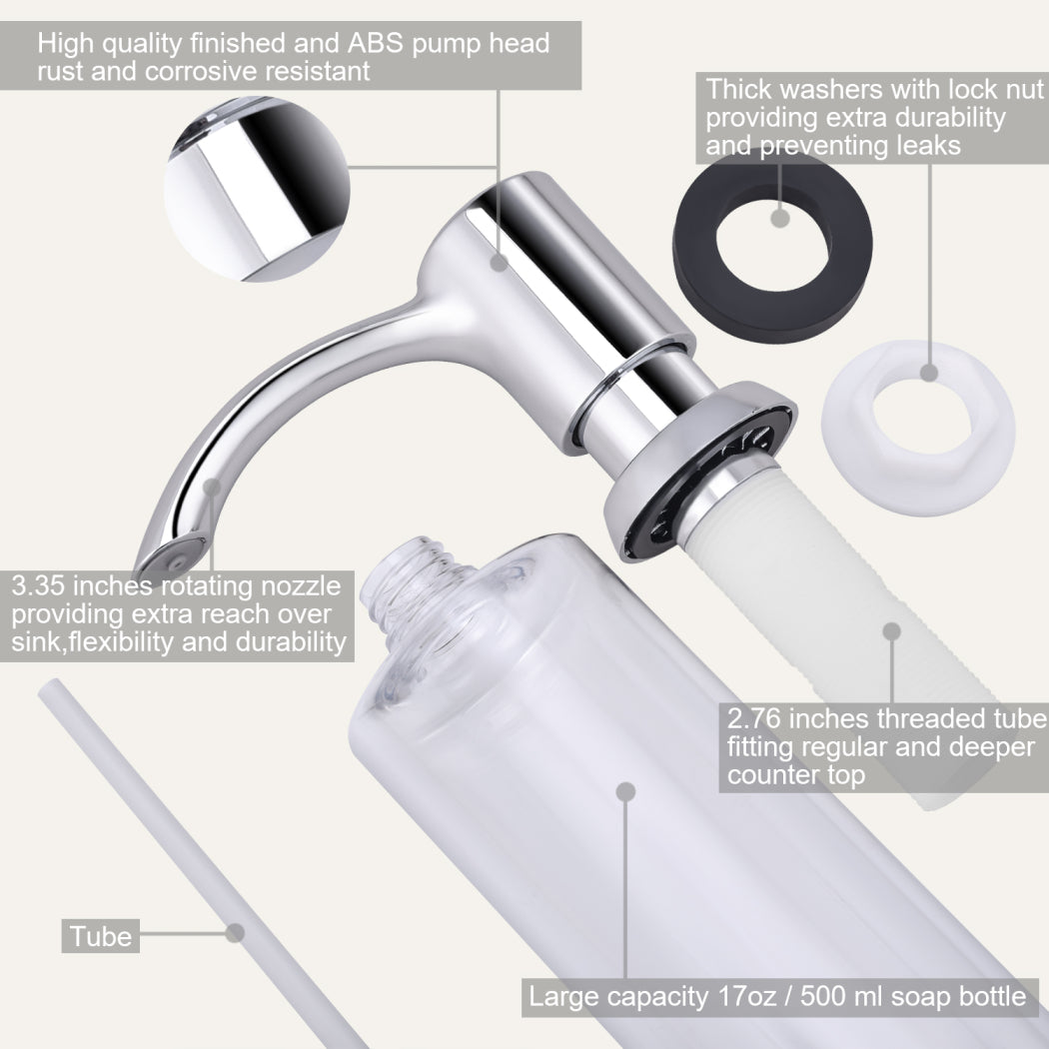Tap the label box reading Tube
(100, 936)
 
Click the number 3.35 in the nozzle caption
(38, 586)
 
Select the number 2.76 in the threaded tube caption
(754, 719)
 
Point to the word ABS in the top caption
(376, 43)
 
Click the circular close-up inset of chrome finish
(257, 190)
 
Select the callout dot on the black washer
(780, 218)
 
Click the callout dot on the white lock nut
(928, 372)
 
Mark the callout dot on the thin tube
(235, 932)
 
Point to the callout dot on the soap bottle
(625, 792)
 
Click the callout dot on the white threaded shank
(892, 631)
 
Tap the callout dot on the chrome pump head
(500, 262)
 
